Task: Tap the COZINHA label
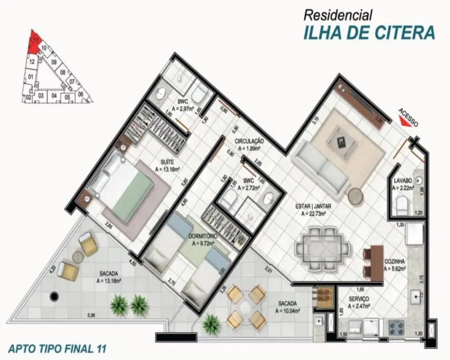tap(396, 260)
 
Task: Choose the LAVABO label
tap(402, 181)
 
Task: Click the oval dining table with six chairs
tap(323, 246)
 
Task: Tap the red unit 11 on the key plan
tap(34, 42)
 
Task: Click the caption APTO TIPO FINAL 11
tap(57, 349)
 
